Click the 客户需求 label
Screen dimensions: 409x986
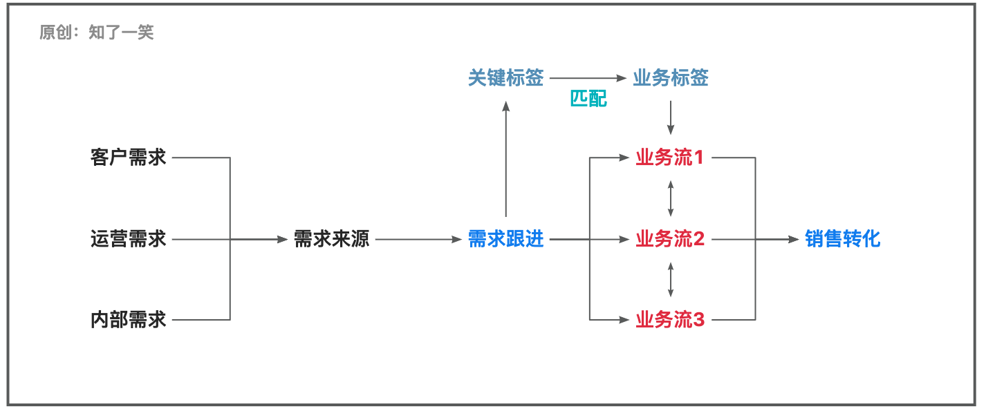pyautogui.click(x=129, y=158)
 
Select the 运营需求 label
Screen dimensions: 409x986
pyautogui.click(x=129, y=240)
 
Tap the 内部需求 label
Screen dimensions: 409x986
pyautogui.click(x=129, y=320)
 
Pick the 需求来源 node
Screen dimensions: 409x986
pyautogui.click(x=332, y=240)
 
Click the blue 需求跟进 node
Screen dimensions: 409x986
pyautogui.click(x=506, y=240)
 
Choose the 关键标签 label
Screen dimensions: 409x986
pyautogui.click(x=506, y=78)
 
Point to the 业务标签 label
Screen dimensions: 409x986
pyautogui.click(x=671, y=78)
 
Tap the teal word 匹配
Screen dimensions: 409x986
pyautogui.click(x=588, y=99)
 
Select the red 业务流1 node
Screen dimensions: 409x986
pyautogui.click(x=669, y=158)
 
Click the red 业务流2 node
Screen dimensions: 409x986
pyautogui.click(x=669, y=240)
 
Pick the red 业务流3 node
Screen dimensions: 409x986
pyautogui.click(x=669, y=320)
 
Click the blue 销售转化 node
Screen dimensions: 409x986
pyautogui.click(x=843, y=240)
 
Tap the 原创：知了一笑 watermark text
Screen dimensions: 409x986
pyautogui.click(x=97, y=32)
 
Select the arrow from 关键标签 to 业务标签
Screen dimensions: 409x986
pyautogui.click(x=588, y=78)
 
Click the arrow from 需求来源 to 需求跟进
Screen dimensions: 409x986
pyautogui.click(x=418, y=240)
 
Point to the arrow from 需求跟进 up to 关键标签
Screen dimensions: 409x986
pyautogui.click(x=506, y=159)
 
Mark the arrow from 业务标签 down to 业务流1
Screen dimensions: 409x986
pyautogui.click(x=671, y=117)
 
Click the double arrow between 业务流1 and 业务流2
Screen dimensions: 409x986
pyautogui.click(x=671, y=198)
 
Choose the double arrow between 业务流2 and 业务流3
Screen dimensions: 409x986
pyautogui.click(x=671, y=279)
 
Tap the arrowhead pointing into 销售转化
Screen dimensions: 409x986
pyautogui.click(x=794, y=240)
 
